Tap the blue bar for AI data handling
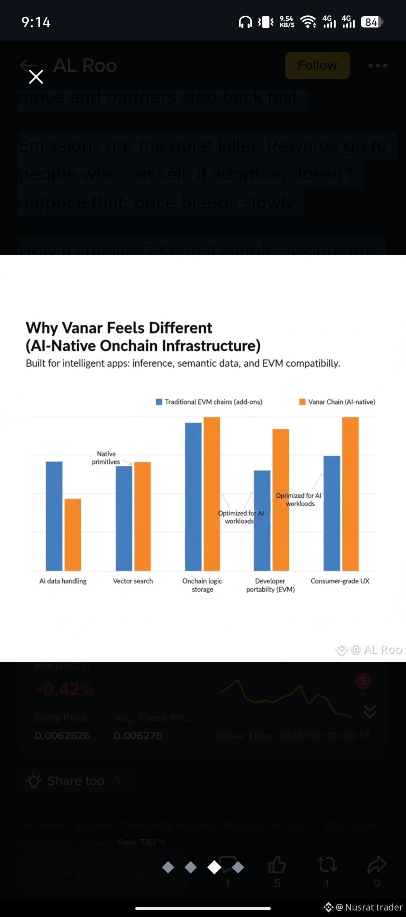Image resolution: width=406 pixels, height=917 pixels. [x=54, y=516]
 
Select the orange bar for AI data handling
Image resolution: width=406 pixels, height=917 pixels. [x=73, y=535]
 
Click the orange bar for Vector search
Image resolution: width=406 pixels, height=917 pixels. [x=142, y=516]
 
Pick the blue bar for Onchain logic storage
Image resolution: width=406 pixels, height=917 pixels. [x=193, y=497]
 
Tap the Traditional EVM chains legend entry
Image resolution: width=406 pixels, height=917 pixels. [x=209, y=402]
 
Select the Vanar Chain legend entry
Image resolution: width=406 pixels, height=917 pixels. [x=337, y=402]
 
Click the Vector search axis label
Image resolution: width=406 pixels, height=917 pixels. [x=133, y=581]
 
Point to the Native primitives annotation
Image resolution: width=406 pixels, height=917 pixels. [x=106, y=458]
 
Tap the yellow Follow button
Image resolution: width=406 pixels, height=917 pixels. [x=317, y=65]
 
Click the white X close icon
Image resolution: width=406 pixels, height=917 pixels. [x=36, y=77]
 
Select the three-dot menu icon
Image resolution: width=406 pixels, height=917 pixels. [x=377, y=65]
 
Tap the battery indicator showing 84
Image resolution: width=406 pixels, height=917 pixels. [x=371, y=22]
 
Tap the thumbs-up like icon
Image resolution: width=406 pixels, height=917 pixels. [x=277, y=864]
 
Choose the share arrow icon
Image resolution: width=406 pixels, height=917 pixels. [x=376, y=864]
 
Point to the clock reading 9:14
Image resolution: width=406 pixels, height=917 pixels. [x=36, y=22]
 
